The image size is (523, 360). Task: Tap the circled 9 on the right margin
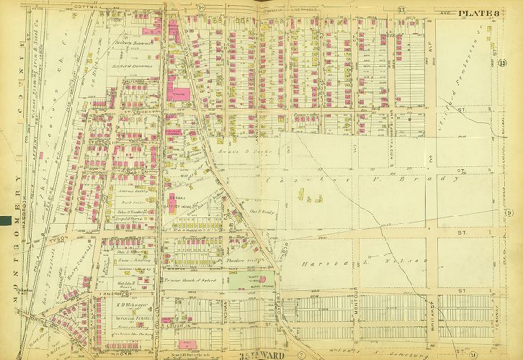tap(508, 210)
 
